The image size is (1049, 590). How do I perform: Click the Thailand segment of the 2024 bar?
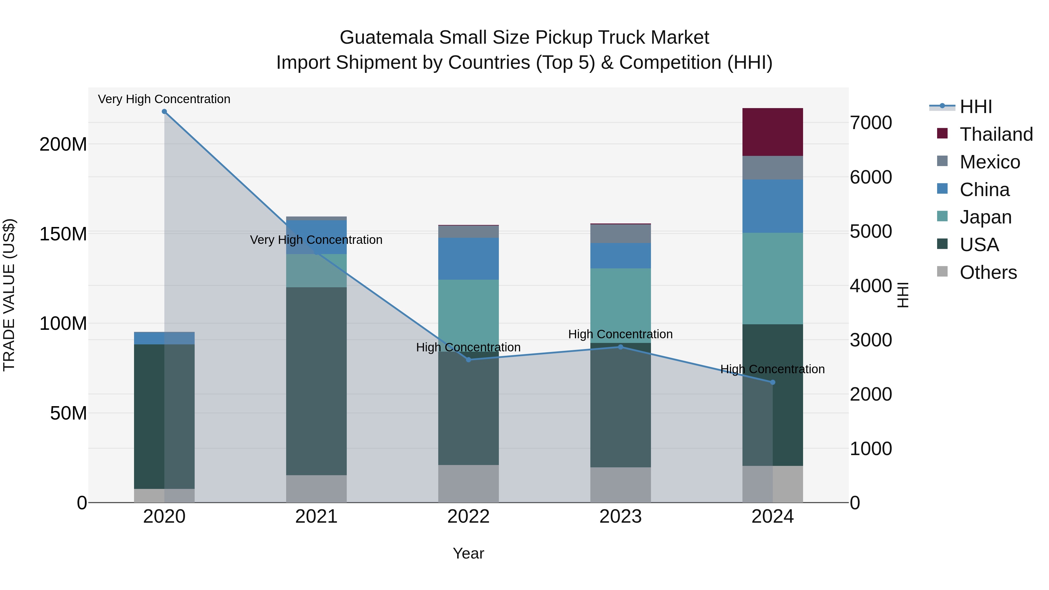(772, 132)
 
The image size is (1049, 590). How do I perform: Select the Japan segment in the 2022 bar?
(468, 311)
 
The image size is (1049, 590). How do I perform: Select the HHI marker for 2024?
(772, 382)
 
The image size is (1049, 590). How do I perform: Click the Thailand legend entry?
(996, 134)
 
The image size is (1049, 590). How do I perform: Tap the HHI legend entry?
(975, 107)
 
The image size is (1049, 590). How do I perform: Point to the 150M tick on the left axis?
(63, 234)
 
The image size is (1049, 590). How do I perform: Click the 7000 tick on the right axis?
(871, 123)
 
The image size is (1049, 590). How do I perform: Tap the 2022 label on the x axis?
(468, 517)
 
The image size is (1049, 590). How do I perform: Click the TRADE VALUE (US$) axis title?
(9, 295)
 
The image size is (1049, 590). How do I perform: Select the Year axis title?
(468, 553)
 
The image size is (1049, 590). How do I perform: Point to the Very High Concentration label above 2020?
(164, 99)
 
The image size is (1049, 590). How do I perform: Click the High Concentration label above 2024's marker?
(772, 369)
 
